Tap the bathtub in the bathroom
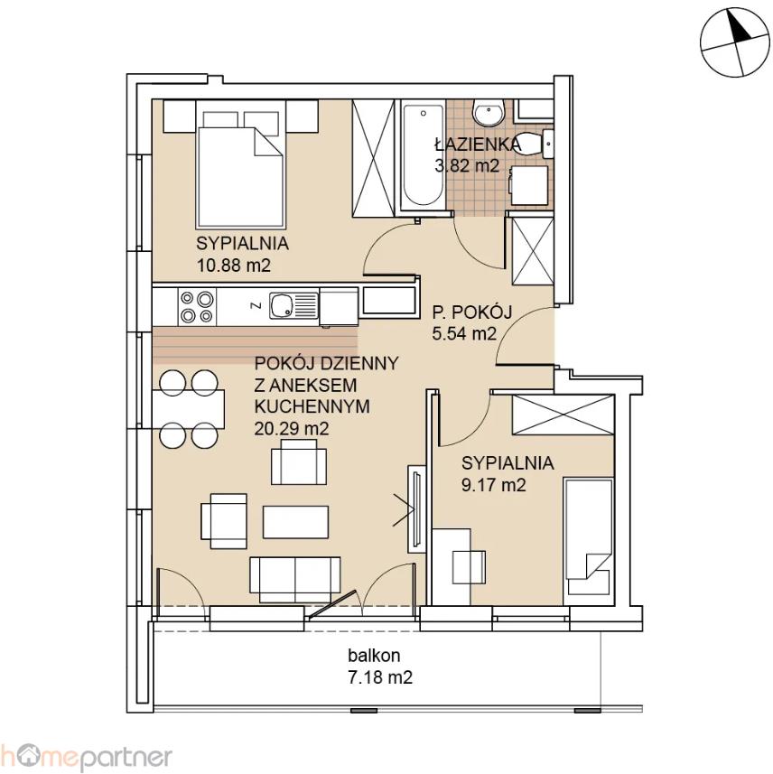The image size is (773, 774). [x=423, y=156]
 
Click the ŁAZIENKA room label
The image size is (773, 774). [x=478, y=145]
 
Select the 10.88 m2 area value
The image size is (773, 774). [x=234, y=266]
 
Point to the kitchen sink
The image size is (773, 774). [x=293, y=305]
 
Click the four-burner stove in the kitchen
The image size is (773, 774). [x=197, y=306]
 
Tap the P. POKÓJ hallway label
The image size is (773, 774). [x=472, y=312]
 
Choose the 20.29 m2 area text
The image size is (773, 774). [x=292, y=428]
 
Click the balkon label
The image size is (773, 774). [x=374, y=656]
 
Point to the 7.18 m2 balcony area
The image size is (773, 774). [x=380, y=677]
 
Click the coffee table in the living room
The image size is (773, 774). [x=295, y=522]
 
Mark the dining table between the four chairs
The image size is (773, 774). [x=189, y=410]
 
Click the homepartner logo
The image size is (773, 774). [x=87, y=756]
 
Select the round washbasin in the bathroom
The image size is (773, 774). [x=488, y=113]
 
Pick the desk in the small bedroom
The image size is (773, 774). [x=452, y=566]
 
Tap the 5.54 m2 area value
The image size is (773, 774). [x=464, y=333]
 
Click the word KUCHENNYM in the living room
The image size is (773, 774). [x=312, y=406]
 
